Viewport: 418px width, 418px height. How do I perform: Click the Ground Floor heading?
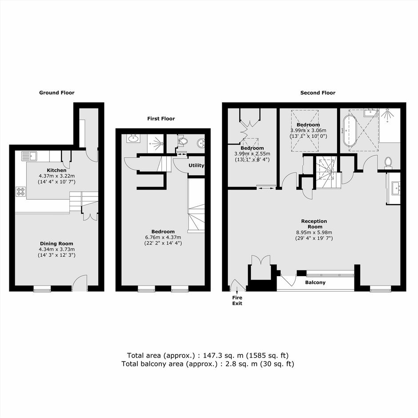tap(57, 93)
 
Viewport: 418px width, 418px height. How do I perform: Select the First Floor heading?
tap(161, 119)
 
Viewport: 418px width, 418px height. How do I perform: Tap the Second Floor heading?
tap(318, 93)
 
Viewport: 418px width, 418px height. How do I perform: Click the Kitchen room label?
tap(57, 170)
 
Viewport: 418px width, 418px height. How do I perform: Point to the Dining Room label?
tap(56, 243)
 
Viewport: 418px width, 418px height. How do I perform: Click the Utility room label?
tap(196, 165)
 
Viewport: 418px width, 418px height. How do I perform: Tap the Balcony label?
tap(315, 282)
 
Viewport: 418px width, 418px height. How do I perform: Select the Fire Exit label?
tap(237, 301)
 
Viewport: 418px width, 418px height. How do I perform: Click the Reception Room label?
tap(314, 224)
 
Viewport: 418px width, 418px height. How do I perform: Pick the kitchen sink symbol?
tap(29, 156)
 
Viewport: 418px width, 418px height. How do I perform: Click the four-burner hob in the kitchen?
tap(21, 191)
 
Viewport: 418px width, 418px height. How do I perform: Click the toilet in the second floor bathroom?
tap(388, 163)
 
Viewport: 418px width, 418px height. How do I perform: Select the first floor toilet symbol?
tap(182, 140)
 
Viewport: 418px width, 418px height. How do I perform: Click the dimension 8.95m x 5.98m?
tap(314, 233)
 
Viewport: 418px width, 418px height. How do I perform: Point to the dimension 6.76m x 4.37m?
tap(163, 237)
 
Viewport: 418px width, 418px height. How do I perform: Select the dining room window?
tap(42, 289)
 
